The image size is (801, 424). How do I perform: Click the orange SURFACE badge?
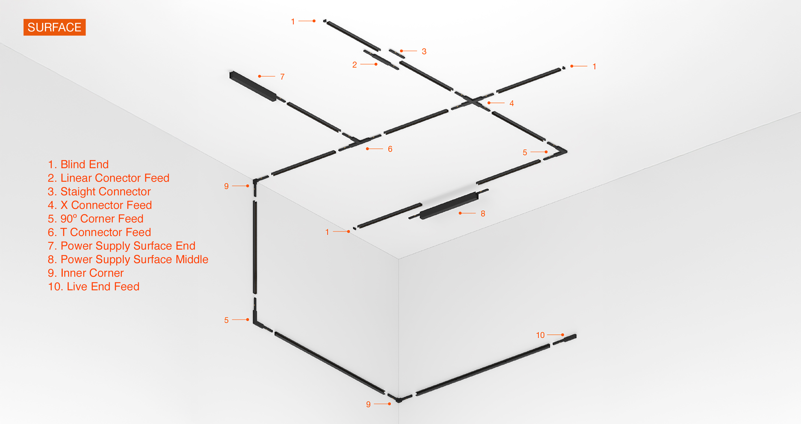click(55, 27)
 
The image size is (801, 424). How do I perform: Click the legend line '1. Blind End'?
click(78, 164)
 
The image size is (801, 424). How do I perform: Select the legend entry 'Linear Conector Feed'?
click(115, 178)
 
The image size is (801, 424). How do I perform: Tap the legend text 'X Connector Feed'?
click(106, 205)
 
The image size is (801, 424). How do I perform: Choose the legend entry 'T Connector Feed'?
click(106, 232)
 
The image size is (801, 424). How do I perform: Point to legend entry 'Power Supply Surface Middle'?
click(134, 259)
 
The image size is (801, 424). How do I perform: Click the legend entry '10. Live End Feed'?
click(94, 287)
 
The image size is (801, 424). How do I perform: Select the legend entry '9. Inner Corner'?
click(86, 273)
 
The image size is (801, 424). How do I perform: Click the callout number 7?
click(282, 77)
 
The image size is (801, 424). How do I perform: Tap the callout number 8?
click(483, 214)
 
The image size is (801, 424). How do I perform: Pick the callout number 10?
click(540, 335)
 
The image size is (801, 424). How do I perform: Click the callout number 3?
click(424, 51)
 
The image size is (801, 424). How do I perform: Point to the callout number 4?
click(511, 103)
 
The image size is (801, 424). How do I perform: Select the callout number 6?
click(390, 149)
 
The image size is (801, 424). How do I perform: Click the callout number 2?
click(355, 65)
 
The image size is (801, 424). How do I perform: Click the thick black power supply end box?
click(253, 86)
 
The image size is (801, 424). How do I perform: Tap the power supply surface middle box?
click(449, 205)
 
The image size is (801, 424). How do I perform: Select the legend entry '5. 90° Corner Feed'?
click(95, 219)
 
